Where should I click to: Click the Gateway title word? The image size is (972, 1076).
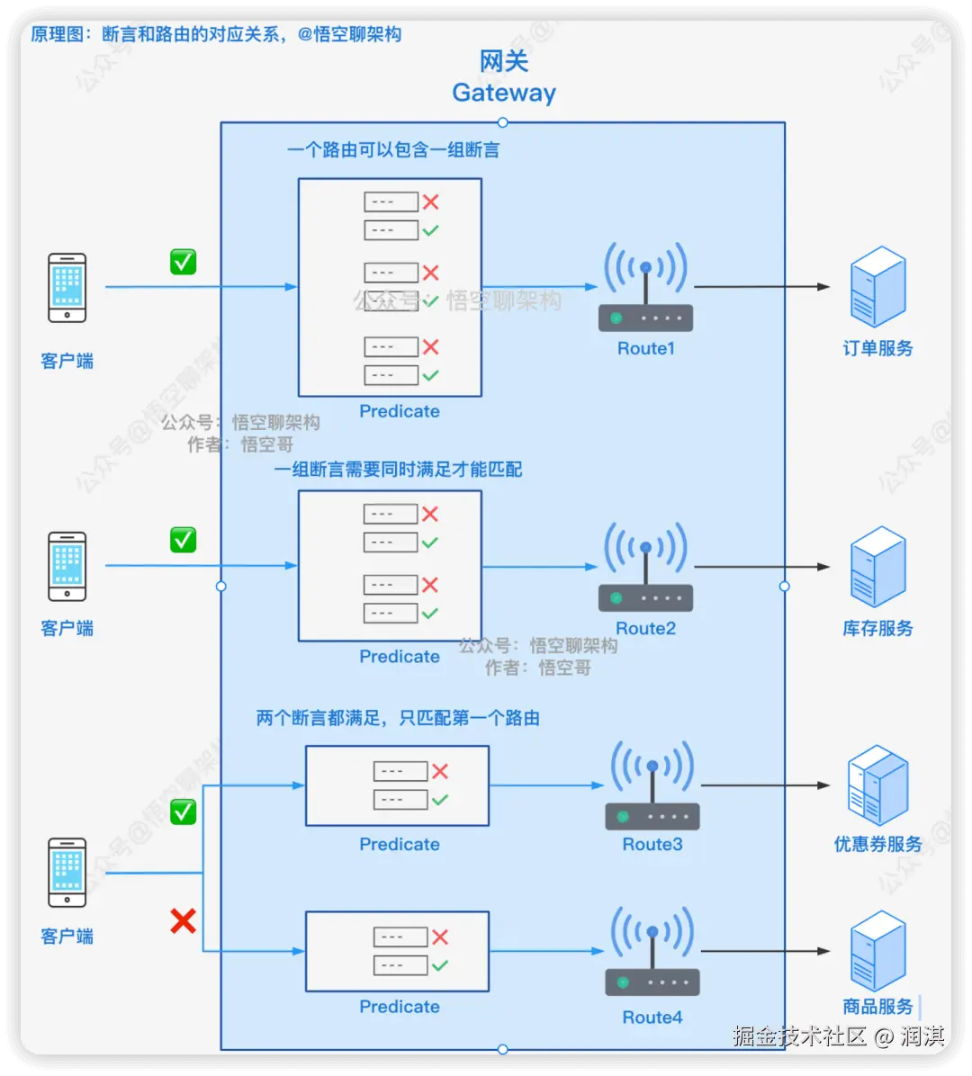pyautogui.click(x=504, y=93)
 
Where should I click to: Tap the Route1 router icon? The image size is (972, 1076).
pyautogui.click(x=645, y=288)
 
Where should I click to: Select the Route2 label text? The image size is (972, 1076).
pyautogui.click(x=645, y=628)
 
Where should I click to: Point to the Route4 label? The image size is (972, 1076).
pyautogui.click(x=652, y=1018)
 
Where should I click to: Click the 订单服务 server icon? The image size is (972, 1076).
pyautogui.click(x=877, y=288)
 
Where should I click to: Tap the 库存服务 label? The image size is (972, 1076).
pyautogui.click(x=877, y=628)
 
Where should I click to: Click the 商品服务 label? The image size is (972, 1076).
pyautogui.click(x=877, y=1006)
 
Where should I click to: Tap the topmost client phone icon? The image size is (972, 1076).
pyautogui.click(x=67, y=288)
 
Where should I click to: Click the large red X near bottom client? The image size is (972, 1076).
pyautogui.click(x=184, y=920)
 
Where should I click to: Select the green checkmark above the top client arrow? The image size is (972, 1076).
pyautogui.click(x=184, y=262)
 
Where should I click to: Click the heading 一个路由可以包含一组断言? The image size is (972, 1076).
pyautogui.click(x=393, y=150)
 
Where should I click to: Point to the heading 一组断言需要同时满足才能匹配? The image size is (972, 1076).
pyautogui.click(x=398, y=469)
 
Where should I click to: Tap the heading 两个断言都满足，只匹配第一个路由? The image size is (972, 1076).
pyautogui.click(x=398, y=718)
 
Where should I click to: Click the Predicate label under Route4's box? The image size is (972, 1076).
pyautogui.click(x=400, y=1006)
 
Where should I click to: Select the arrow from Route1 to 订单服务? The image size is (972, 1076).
pyautogui.click(x=760, y=287)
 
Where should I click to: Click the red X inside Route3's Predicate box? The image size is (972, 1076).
pyautogui.click(x=439, y=771)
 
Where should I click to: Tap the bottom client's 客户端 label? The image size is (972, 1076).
pyautogui.click(x=67, y=937)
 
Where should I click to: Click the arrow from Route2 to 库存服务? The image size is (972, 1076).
pyautogui.click(x=760, y=567)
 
